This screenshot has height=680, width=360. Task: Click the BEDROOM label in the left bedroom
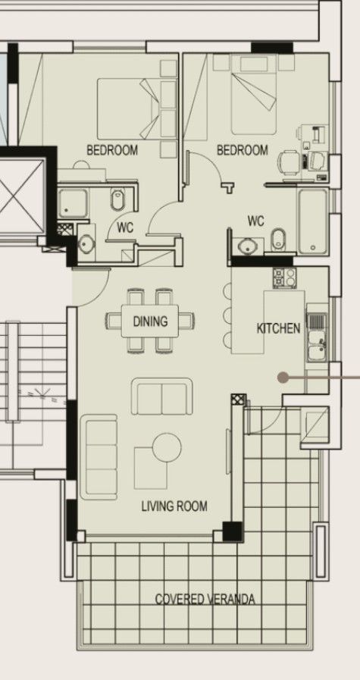click(112, 151)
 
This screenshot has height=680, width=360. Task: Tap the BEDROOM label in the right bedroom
click(243, 151)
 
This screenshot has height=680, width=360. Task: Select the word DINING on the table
click(150, 321)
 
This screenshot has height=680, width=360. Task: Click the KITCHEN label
click(278, 328)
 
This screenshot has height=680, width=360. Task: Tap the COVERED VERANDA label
click(205, 599)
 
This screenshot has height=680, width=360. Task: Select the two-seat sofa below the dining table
click(161, 396)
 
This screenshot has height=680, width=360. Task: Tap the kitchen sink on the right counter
click(315, 347)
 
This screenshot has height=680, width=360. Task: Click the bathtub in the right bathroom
click(312, 221)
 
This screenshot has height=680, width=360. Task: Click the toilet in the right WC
click(277, 239)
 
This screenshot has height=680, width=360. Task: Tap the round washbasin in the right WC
click(246, 245)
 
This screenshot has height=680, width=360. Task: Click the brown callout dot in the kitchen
click(283, 376)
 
